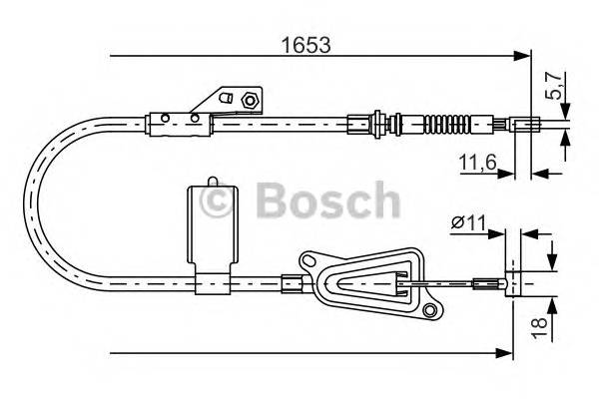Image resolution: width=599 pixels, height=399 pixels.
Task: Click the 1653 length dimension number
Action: click(x=305, y=45)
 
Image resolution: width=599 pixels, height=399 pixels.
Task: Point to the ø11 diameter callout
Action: click(x=465, y=225)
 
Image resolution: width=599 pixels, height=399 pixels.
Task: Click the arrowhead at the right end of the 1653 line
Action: click(x=525, y=56)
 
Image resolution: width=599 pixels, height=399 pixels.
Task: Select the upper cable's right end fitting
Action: click(x=529, y=125)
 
